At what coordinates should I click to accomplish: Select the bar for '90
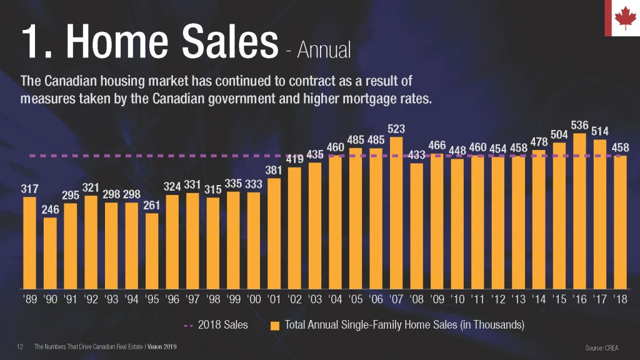pyautogui.click(x=51, y=252)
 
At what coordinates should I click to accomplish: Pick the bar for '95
pyautogui.click(x=152, y=250)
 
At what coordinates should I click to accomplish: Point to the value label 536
pyautogui.click(x=579, y=126)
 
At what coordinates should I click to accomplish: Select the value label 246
pyautogui.click(x=51, y=210)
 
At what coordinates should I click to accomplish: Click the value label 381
pyautogui.click(x=274, y=170)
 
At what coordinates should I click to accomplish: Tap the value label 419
pyautogui.click(x=294, y=159)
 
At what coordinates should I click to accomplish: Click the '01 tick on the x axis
pyautogui.click(x=274, y=299)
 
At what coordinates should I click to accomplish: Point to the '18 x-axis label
pyautogui.click(x=621, y=299)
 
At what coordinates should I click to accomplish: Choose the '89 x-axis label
pyautogui.click(x=30, y=299)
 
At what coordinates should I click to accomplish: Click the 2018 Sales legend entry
pyautogui.click(x=216, y=325)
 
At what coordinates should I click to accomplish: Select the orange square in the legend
pyautogui.click(x=275, y=325)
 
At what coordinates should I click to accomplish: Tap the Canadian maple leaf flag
pyautogui.click(x=622, y=19)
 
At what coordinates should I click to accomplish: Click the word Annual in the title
pyautogui.click(x=324, y=49)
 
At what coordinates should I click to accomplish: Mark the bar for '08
pyautogui.click(x=417, y=224)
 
